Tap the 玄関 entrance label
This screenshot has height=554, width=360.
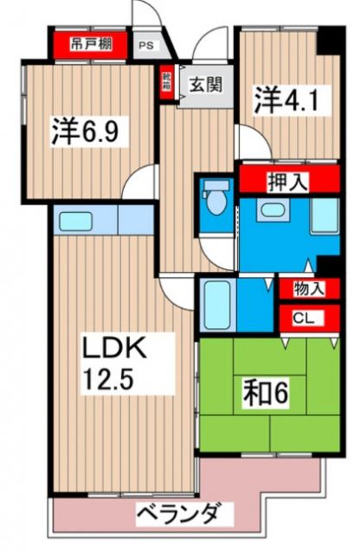[205, 85]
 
